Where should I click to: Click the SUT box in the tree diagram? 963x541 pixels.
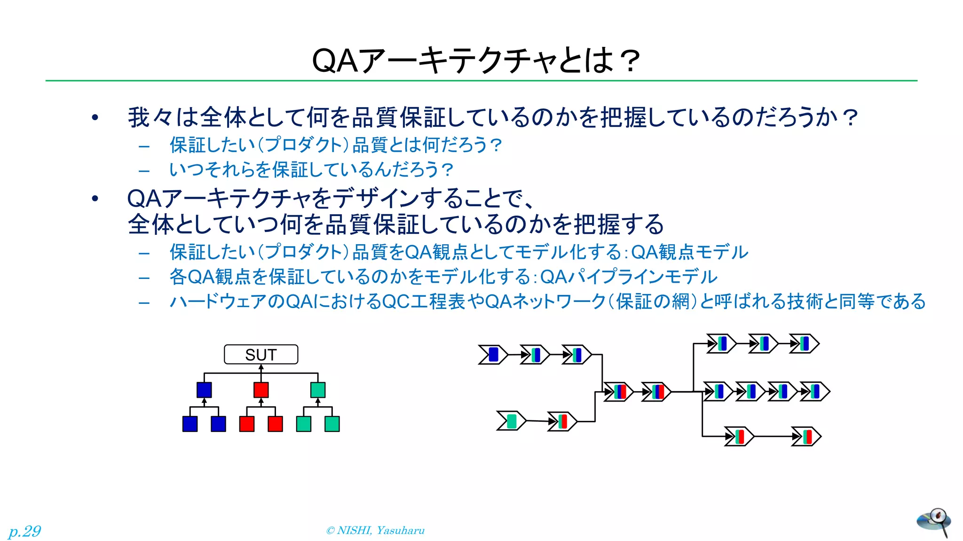coord(261,355)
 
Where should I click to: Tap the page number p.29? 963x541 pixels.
coord(24,531)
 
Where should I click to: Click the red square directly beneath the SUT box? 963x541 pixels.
coord(261,390)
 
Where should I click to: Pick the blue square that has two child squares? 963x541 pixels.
coord(204,390)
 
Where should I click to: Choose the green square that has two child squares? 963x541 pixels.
coord(318,390)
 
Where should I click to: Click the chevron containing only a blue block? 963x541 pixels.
coord(493,355)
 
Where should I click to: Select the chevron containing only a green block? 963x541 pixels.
coord(511,420)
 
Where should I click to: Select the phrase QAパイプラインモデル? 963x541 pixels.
coord(629,277)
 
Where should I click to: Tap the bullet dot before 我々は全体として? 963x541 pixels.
coord(95,117)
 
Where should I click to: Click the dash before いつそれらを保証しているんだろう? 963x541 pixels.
coord(144,170)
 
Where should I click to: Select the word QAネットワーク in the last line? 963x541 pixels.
coord(545,301)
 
